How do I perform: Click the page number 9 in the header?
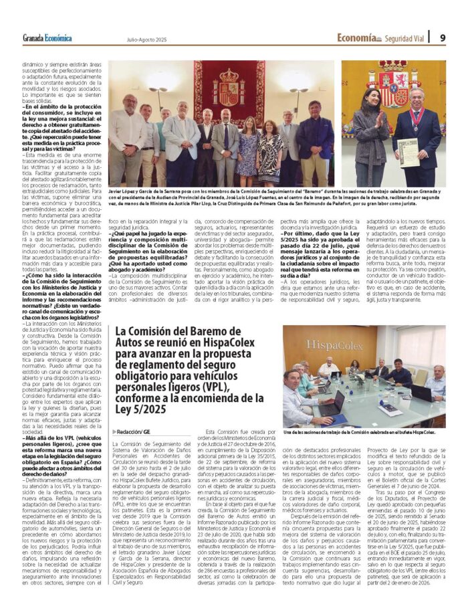pyautogui.click(x=443, y=37)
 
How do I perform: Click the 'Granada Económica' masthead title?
pyautogui.click(x=47, y=38)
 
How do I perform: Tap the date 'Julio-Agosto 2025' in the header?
pyautogui.click(x=147, y=39)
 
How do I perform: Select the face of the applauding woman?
pyautogui.click(x=372, y=100)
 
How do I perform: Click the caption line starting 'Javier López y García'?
pyautogui.click(x=221, y=191)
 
